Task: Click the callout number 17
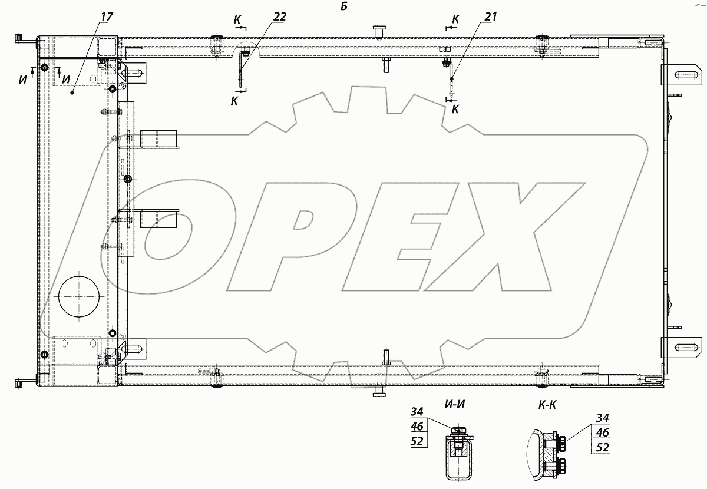pyautogui.click(x=107, y=16)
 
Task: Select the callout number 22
pyautogui.click(x=279, y=16)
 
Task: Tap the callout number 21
pyautogui.click(x=490, y=16)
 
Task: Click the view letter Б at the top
pyautogui.click(x=344, y=6)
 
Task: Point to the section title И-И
pyautogui.click(x=454, y=404)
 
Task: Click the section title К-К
pyautogui.click(x=547, y=404)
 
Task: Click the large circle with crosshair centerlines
pyautogui.click(x=79, y=296)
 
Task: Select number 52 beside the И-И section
pyautogui.click(x=417, y=441)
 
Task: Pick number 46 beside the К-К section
pyautogui.click(x=602, y=432)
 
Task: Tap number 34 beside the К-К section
pyautogui.click(x=602, y=418)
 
